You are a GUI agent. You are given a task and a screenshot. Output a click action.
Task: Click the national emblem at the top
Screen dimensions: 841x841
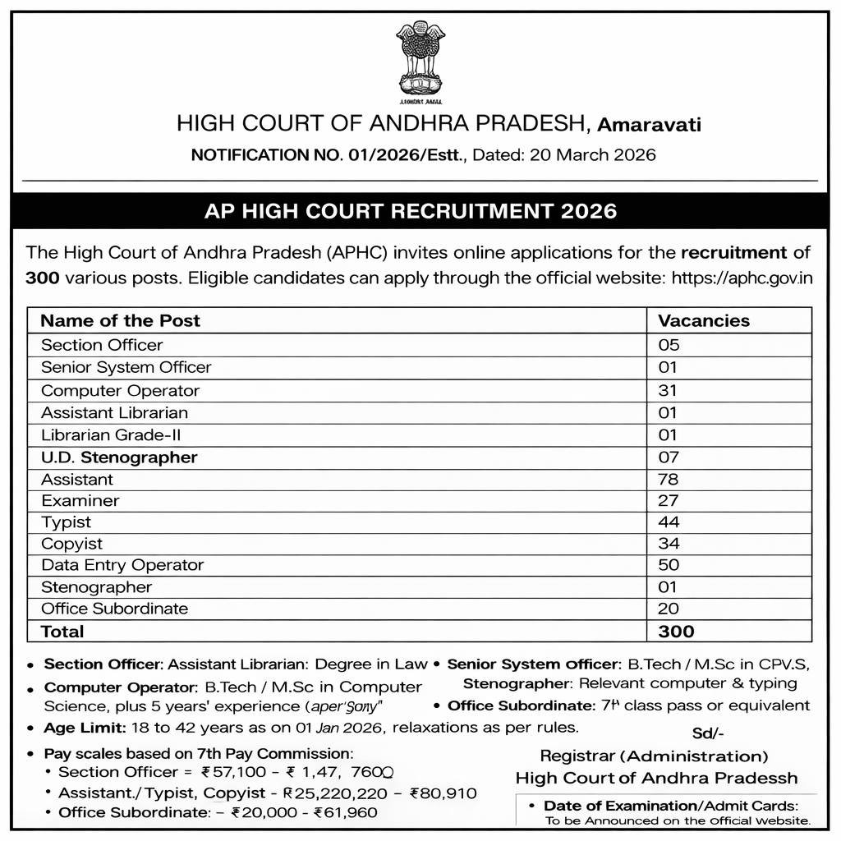click(420, 59)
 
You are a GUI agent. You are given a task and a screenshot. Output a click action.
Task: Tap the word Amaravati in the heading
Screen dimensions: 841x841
click(649, 125)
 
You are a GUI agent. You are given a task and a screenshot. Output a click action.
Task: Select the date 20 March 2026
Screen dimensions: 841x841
click(593, 154)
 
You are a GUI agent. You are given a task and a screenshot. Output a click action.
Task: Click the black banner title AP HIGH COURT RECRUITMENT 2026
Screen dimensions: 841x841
click(410, 211)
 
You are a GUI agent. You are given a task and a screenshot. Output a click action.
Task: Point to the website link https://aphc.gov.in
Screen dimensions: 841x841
click(742, 277)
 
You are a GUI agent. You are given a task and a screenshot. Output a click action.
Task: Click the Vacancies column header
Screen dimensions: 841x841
click(704, 320)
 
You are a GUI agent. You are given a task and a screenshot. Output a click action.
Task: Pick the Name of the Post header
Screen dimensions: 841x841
click(120, 320)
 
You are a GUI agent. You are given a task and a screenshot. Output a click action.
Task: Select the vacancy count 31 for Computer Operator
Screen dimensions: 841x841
click(669, 390)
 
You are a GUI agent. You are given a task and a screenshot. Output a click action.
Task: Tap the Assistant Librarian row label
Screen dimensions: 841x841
click(114, 412)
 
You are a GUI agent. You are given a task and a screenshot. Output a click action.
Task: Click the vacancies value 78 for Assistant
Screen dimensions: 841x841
click(669, 479)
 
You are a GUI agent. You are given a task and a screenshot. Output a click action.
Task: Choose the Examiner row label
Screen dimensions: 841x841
click(80, 500)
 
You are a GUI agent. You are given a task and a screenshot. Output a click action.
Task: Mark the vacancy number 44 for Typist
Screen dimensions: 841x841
click(669, 522)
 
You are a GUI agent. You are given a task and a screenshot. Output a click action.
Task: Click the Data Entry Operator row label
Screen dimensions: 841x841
click(122, 565)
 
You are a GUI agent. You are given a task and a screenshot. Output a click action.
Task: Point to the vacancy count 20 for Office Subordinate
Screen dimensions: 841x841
click(669, 609)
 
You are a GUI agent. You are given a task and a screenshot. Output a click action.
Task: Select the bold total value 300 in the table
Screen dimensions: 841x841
click(676, 632)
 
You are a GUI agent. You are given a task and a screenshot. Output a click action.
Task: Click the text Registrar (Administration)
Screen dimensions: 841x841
click(654, 756)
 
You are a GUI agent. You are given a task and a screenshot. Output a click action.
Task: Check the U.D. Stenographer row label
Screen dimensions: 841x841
click(119, 457)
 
